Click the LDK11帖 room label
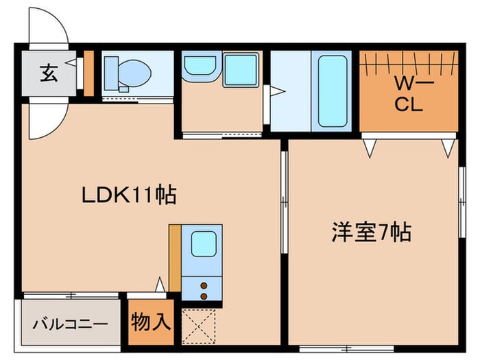pos(130,195)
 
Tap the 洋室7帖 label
pos(371,233)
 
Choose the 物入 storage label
pos(151,321)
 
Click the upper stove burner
pos(204,285)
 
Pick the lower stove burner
pos(204,296)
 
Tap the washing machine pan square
pos(240,69)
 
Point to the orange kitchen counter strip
pos(175,258)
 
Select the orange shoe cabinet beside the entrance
pos(88,72)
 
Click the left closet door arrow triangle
pos(370,146)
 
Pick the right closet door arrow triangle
pos(448,146)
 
